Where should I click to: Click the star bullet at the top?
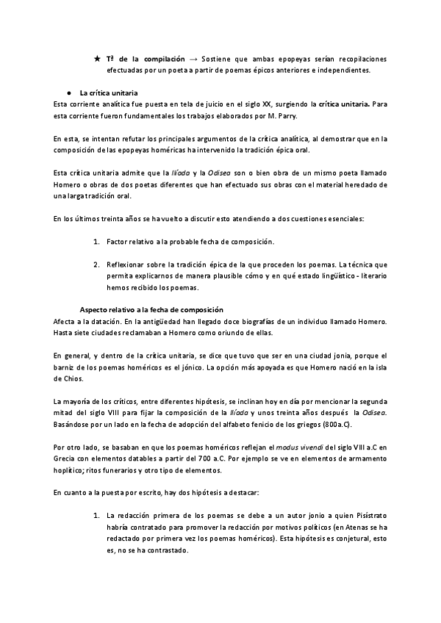click(x=97, y=58)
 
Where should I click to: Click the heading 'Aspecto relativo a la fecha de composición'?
click(x=151, y=310)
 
